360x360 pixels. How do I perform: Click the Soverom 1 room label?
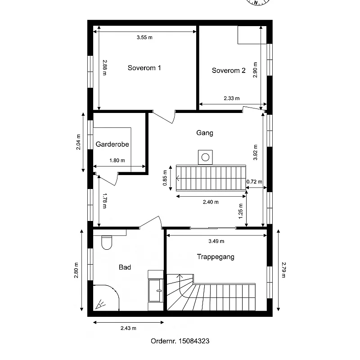[144, 68]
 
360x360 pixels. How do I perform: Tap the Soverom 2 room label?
[229, 71]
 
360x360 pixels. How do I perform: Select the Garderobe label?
[112, 144]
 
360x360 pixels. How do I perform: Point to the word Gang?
[205, 133]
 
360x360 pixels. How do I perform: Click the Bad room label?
[125, 267]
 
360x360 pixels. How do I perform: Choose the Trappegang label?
[216, 256]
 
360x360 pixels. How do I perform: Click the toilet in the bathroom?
[107, 243]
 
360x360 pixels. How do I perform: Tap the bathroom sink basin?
[156, 290]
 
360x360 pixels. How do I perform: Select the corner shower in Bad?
[106, 298]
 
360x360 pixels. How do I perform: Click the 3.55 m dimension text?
[144, 37]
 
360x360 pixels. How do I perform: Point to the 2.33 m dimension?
[232, 98]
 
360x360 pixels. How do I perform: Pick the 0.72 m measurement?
[254, 182]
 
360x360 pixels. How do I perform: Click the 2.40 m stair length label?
[211, 202]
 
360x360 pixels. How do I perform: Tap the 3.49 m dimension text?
[216, 241]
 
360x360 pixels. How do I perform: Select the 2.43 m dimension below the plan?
[128, 328]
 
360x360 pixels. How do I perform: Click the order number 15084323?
[194, 341]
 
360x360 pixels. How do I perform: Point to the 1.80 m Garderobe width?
[117, 161]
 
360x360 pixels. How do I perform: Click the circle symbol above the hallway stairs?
[205, 157]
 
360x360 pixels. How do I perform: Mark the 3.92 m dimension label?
[255, 153]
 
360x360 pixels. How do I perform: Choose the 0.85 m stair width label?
[165, 178]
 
